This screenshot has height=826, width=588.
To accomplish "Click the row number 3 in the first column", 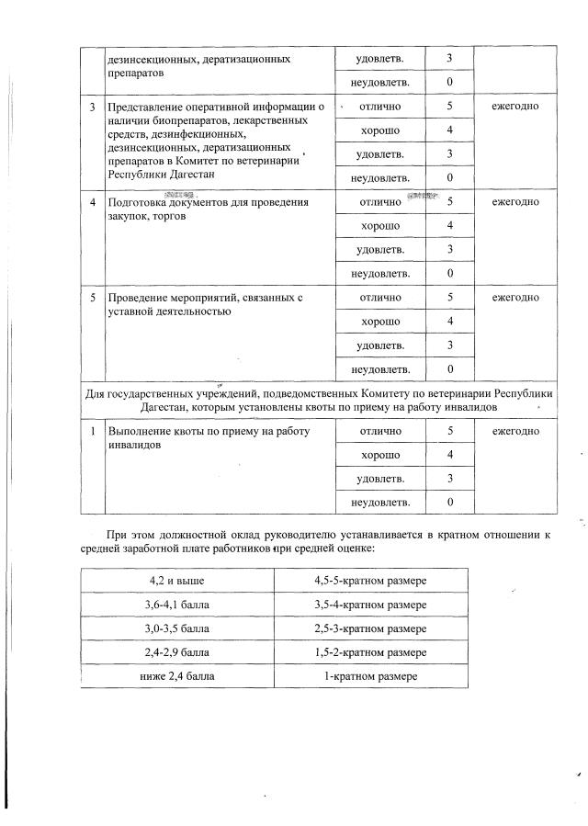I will (x=93, y=107).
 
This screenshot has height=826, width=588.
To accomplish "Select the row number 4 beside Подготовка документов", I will (x=93, y=202).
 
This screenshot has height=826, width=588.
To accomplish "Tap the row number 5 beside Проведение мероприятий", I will (x=93, y=299).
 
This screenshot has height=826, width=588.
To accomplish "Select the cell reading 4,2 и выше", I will (x=177, y=581).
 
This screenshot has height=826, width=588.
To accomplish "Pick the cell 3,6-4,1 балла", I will (x=177, y=605).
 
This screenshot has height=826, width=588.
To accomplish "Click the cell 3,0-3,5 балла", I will (x=177, y=628).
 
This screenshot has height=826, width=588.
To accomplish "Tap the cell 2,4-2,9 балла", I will (x=177, y=652).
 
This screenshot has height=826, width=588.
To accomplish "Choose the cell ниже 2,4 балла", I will (x=177, y=676).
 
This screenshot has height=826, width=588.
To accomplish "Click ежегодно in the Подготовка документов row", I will (x=514, y=202).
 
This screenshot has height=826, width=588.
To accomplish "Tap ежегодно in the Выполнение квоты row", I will (x=514, y=430).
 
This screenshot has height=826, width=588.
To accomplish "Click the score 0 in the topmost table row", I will (x=450, y=83).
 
